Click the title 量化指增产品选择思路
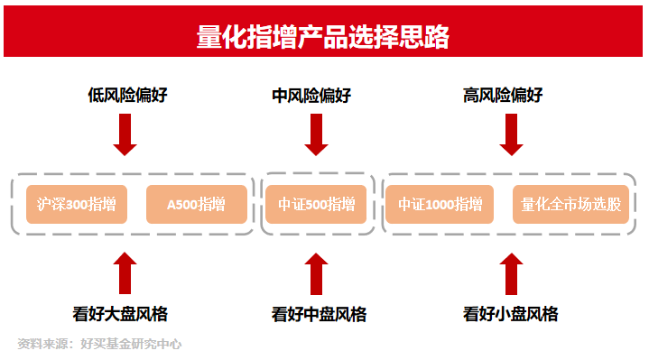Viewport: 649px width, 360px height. [323, 37]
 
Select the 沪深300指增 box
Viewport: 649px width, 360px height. [77, 204]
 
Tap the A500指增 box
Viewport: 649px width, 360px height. [196, 204]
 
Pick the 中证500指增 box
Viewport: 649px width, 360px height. [316, 204]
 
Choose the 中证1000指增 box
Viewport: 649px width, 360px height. [440, 204]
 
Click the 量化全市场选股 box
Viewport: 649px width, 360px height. [570, 204]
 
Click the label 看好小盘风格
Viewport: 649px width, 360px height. [510, 315]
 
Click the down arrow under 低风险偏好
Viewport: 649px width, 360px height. [125, 135]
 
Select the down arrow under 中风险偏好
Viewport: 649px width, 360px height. [316, 135]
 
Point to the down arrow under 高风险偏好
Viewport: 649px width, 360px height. [511, 135]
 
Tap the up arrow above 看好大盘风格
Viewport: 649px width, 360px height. [125, 272]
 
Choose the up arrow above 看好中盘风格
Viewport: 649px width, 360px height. [316, 272]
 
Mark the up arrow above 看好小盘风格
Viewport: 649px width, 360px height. [511, 272]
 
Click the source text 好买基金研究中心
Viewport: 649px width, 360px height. [131, 344]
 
